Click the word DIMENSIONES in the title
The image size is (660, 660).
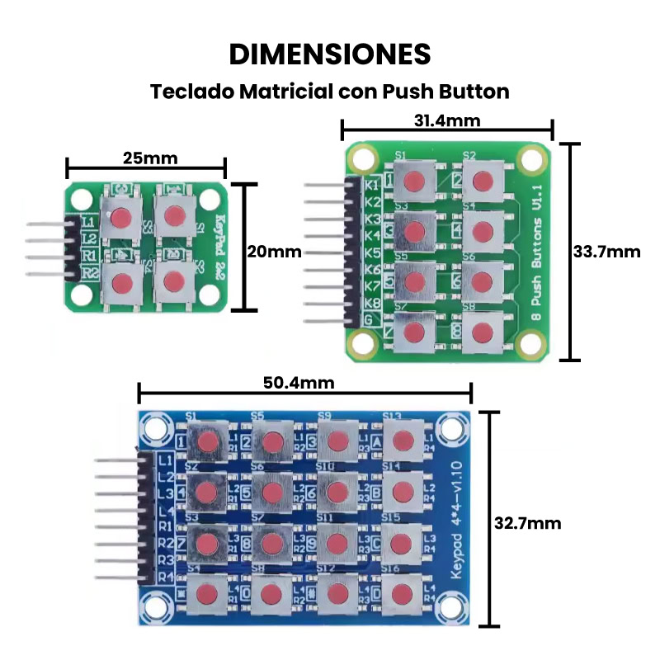(x=329, y=54)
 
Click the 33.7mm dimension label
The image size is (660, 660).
(x=607, y=251)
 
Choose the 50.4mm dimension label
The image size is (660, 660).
(x=299, y=383)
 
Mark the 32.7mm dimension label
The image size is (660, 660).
(x=527, y=523)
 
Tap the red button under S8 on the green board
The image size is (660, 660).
(x=483, y=329)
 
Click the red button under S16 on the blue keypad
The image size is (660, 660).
(x=403, y=593)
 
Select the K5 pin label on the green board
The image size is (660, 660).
(x=372, y=252)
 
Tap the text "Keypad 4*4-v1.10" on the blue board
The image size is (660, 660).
(x=460, y=526)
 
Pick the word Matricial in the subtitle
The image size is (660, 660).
(x=286, y=91)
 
